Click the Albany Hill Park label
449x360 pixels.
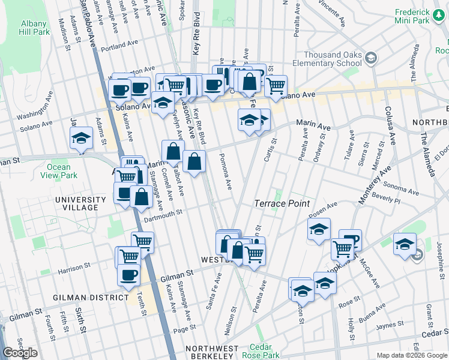point(34,27)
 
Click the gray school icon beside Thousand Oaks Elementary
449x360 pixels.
point(371,58)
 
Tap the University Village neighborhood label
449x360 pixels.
point(76,203)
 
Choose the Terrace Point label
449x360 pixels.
point(282,203)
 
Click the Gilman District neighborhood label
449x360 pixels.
point(82,297)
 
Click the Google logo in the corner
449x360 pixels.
point(20,353)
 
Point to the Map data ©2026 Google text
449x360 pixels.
point(412,355)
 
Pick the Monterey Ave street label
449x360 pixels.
point(375,184)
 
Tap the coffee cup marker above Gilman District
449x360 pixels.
point(128,275)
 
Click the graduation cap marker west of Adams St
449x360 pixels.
point(81,137)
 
